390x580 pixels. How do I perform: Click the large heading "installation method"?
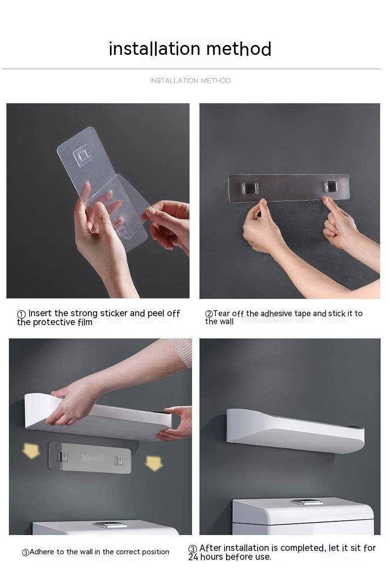(x=190, y=49)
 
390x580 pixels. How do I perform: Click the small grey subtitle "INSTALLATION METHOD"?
(x=190, y=81)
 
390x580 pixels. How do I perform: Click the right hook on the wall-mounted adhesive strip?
(x=330, y=187)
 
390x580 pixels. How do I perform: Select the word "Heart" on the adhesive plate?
(x=93, y=458)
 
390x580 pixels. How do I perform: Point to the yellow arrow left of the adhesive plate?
(x=31, y=451)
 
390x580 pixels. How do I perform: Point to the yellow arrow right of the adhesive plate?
(x=154, y=463)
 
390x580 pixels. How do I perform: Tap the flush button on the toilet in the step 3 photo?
(x=110, y=524)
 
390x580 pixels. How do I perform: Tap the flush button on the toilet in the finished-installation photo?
(x=307, y=502)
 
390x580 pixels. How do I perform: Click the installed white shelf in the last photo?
(x=295, y=430)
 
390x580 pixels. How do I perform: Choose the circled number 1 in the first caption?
(x=21, y=314)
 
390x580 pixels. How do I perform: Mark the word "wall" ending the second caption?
(x=226, y=322)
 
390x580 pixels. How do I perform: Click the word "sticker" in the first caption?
(x=114, y=313)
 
